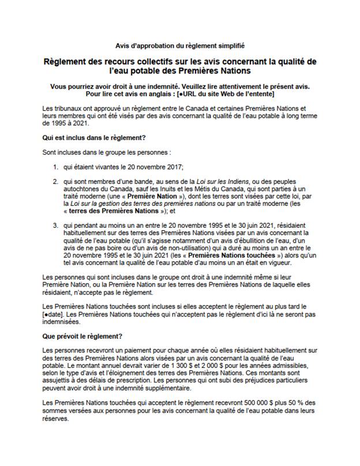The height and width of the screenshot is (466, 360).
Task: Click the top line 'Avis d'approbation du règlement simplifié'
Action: pyautogui.click(x=181, y=45)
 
